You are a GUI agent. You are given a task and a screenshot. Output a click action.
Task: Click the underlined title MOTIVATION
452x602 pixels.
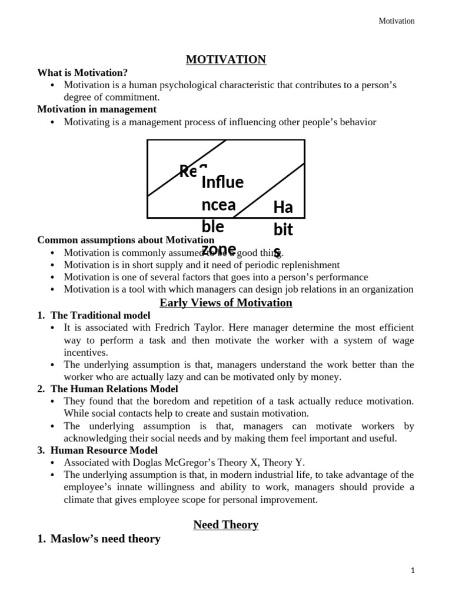click(226, 59)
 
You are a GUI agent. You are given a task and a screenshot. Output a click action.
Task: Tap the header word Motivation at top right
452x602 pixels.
click(396, 21)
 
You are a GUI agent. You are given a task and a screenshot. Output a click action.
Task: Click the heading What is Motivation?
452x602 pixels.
click(82, 73)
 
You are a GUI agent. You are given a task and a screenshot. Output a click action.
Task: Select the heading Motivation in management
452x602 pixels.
click(97, 109)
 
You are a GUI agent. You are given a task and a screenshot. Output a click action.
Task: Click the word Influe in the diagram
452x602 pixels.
click(222, 182)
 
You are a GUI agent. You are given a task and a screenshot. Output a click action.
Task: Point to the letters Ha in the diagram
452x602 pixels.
click(283, 207)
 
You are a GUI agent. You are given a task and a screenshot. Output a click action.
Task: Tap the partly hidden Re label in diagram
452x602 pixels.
click(188, 171)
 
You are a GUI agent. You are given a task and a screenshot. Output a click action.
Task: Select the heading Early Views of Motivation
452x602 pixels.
click(226, 303)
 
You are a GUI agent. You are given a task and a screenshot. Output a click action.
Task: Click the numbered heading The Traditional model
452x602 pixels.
click(94, 315)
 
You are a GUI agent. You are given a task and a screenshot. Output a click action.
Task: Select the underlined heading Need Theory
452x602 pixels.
click(226, 524)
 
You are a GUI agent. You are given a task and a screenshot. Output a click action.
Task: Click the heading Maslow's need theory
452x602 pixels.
click(105, 539)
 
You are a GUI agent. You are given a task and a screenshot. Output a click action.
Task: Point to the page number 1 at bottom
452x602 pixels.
click(413, 570)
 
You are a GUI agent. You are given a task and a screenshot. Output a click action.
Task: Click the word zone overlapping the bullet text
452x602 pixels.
click(218, 249)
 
